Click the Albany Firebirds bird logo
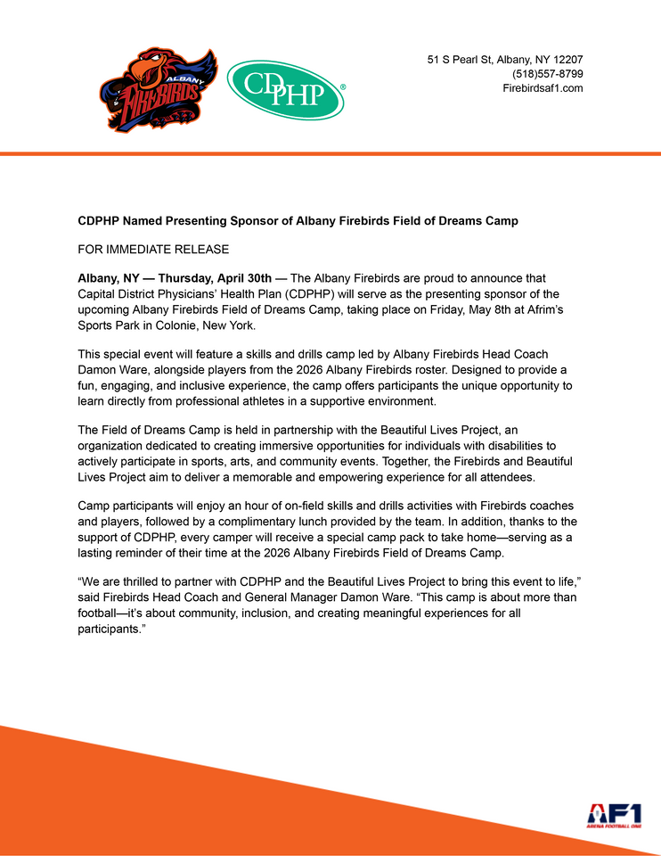pyautogui.click(x=158, y=92)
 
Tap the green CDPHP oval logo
pyautogui.click(x=285, y=90)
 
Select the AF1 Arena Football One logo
pyautogui.click(x=614, y=815)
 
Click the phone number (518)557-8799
pyautogui.click(x=547, y=74)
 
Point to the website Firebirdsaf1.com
pyautogui.click(x=543, y=88)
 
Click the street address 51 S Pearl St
pyautogui.click(x=465, y=60)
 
